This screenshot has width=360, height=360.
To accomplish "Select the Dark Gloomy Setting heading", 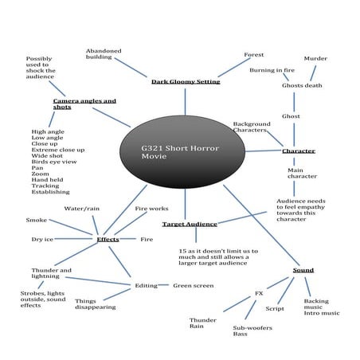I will [185, 81].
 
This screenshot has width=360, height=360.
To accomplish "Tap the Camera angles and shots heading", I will [84, 104].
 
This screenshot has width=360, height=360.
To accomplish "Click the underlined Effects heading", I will [108, 239].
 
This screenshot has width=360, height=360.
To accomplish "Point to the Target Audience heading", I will [190, 224].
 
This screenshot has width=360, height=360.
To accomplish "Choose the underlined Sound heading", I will [303, 270].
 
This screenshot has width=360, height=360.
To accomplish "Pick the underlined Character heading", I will [299, 151].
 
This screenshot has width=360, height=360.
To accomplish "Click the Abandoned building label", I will [104, 54].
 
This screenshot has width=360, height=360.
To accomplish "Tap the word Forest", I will [253, 55].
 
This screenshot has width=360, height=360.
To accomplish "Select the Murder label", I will [315, 58].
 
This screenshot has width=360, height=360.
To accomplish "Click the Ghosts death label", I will [302, 85].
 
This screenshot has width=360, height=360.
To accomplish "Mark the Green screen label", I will [193, 284].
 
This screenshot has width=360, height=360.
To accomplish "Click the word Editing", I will [146, 285].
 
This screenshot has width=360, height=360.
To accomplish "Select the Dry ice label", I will [42, 239].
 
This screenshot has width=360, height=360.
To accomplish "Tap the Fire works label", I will [151, 209].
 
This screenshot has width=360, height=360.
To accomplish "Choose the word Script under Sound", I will [275, 308].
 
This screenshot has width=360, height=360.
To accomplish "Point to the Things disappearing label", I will [96, 303].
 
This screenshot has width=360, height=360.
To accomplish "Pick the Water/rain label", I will [82, 209].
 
